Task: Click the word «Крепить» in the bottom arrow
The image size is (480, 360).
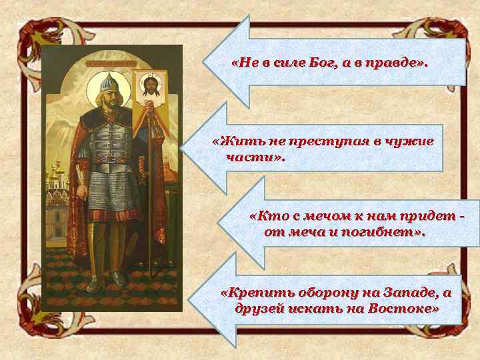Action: [251, 294]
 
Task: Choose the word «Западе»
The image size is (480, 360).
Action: [401, 294]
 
